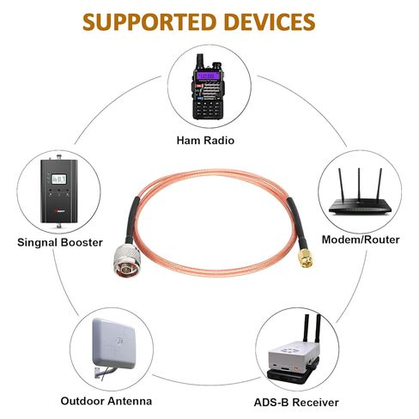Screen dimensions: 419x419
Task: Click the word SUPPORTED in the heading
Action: pos(149,22)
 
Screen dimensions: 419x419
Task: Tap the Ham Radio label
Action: pos(205,140)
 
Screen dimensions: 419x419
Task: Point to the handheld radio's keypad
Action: pos(208,108)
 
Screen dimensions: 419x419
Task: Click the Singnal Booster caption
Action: pos(60,242)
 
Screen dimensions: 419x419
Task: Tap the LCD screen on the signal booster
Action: pos(59,179)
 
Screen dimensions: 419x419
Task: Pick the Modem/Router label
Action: pos(361,240)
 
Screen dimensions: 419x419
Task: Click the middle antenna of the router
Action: pos(359,184)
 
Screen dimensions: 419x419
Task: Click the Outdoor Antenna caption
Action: pos(106,401)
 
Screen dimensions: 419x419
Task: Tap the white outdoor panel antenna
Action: pos(113,343)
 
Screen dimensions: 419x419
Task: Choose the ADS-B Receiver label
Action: pos(296,403)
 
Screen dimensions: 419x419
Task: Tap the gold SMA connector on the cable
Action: pos(306,258)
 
